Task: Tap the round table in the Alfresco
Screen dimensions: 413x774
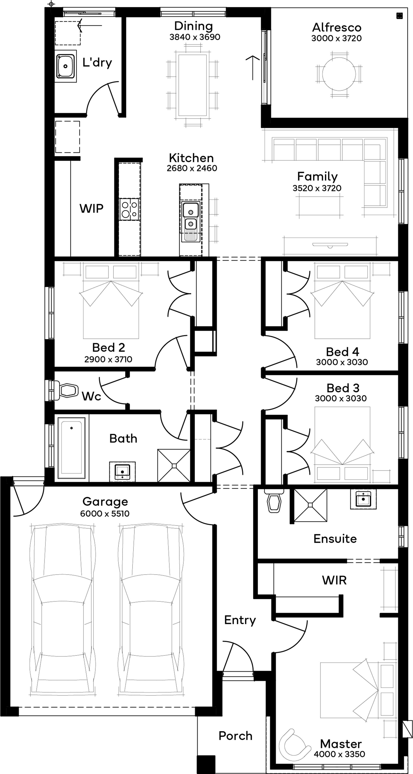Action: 339,74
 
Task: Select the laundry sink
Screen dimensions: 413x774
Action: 65,66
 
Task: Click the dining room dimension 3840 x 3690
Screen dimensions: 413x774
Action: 195,37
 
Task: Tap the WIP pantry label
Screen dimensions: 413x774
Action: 91,208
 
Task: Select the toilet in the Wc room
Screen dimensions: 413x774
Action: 65,390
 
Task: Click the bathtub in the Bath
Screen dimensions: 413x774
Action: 71,448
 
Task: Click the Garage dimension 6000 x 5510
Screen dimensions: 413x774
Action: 105,513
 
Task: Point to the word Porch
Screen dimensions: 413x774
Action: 235,736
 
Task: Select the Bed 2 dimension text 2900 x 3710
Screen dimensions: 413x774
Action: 108,359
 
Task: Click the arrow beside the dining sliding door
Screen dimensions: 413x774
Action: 253,68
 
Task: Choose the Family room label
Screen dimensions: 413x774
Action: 317,176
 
